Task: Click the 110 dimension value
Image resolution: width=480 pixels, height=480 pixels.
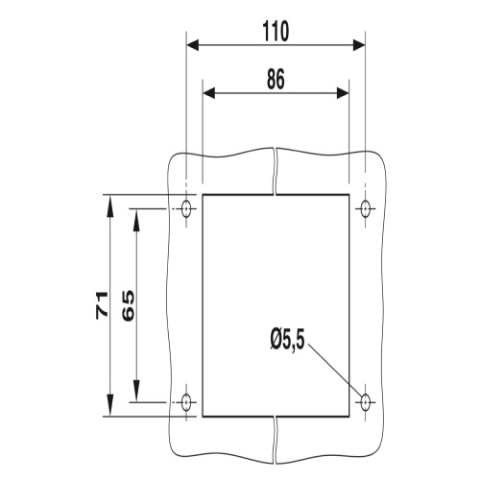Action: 276,32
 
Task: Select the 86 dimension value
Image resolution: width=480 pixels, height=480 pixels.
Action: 276,79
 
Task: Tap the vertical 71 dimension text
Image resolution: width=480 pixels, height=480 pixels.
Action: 102,305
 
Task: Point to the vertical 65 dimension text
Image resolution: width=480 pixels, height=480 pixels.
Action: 129,305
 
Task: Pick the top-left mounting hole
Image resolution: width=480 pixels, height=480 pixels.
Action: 186,208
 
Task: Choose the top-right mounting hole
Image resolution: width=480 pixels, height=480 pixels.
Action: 365,208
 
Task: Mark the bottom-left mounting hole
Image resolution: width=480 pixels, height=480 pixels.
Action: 186,401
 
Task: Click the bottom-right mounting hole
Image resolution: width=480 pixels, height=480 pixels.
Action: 365,401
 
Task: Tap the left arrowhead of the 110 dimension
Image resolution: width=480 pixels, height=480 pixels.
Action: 193,45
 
